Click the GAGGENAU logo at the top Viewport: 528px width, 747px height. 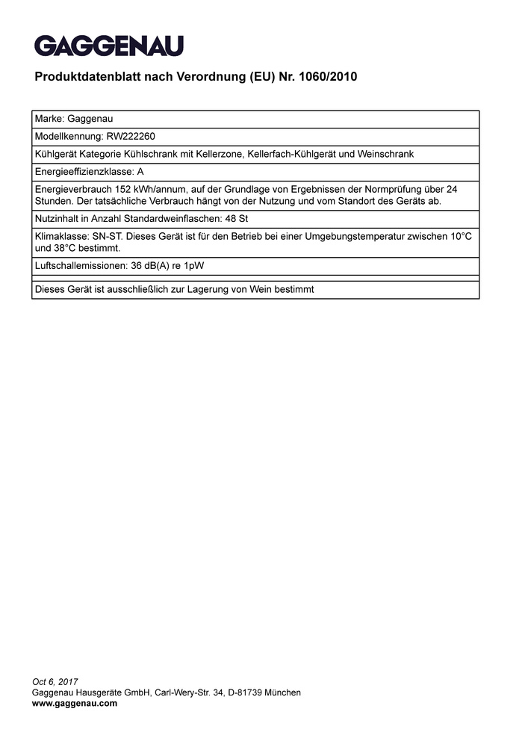point(108,46)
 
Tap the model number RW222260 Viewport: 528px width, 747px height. point(131,137)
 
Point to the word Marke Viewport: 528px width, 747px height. point(49,119)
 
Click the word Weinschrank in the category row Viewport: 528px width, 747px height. point(388,154)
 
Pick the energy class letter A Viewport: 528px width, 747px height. point(140,172)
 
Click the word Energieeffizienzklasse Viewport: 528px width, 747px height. point(84,172)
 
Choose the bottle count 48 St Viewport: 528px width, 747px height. point(237,219)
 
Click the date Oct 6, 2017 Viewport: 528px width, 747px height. point(55,682)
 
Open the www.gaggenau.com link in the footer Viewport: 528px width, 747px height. point(75,703)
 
